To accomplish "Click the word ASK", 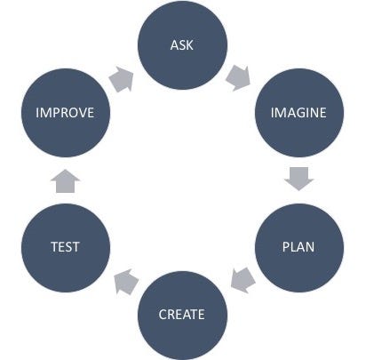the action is pos(182,45).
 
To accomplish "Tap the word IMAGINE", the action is pos(298,113).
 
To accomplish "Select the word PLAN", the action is pos(298,247).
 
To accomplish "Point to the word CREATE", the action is pos(182,315).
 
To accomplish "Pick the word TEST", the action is pos(65,247).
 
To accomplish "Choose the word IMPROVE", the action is pos(65,113).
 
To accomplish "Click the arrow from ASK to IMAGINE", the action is pos(238,78).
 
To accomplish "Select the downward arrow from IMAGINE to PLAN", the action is pos(298,179).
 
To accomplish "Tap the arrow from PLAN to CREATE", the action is pos(243,280).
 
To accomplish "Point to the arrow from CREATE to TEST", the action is pos(126,282).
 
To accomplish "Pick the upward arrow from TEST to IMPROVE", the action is pos(65,181).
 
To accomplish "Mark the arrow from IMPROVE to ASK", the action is pos(121,79).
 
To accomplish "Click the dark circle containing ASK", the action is pos(182,45).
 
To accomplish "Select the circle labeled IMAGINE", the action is pos(299,113).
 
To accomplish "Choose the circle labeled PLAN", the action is pos(299,248).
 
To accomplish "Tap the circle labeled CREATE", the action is pos(182,316).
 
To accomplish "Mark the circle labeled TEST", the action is pos(66,248).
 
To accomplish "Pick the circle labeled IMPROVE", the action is pos(66,113).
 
